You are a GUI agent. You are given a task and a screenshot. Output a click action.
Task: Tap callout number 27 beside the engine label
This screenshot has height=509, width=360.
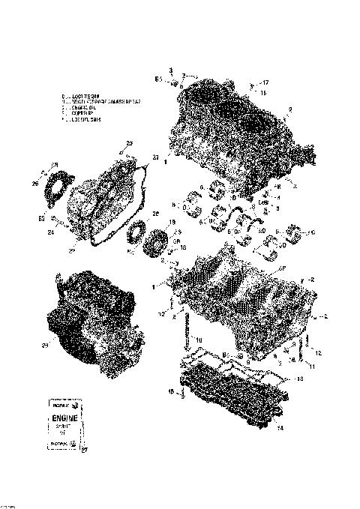click(x=84, y=450)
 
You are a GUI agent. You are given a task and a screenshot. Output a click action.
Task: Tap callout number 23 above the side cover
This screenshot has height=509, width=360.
click(x=129, y=142)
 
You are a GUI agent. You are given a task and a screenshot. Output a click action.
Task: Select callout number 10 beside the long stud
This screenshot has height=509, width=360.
click(x=198, y=340)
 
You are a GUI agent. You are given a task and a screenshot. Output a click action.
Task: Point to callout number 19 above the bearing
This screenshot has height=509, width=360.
click(x=171, y=222)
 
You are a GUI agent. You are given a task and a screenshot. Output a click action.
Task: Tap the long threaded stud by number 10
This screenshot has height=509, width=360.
click(x=183, y=330)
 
